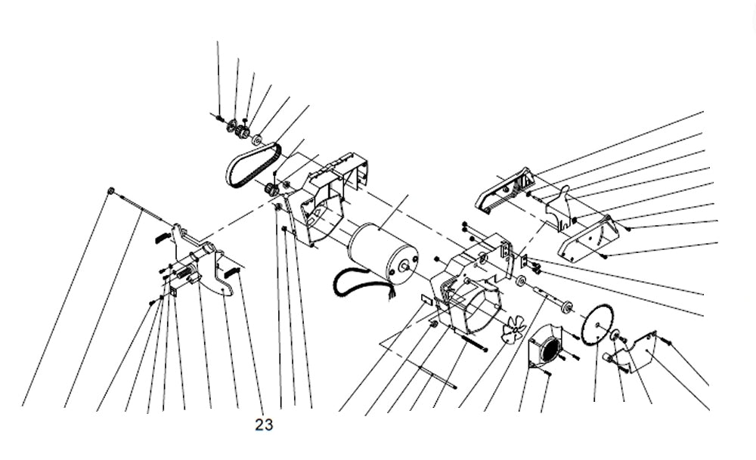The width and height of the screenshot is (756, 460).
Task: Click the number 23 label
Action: point(264,425)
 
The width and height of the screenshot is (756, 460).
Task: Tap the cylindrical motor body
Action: point(383,249)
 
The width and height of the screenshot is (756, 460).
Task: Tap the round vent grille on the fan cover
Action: point(550,349)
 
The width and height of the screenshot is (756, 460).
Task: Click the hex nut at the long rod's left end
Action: point(111,190)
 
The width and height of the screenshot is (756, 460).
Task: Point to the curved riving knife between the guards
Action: point(561,204)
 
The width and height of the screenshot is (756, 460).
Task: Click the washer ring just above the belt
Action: point(258,140)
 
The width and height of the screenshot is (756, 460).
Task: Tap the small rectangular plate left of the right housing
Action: point(425,301)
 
